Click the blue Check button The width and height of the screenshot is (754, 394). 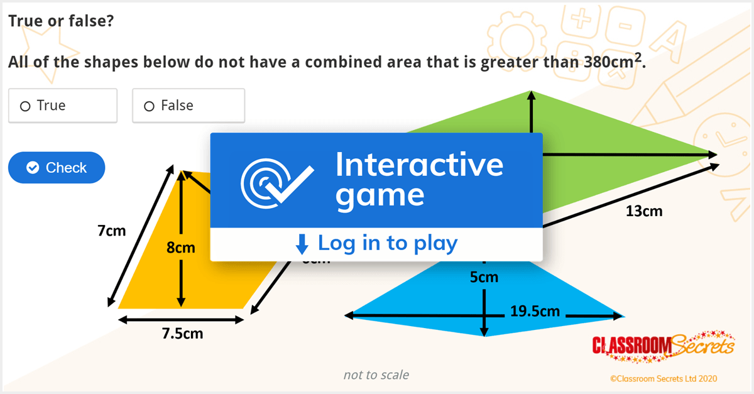(57, 168)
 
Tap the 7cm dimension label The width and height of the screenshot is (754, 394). (111, 231)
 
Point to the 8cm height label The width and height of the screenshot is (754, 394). (180, 248)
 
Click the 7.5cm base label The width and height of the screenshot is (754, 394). (182, 333)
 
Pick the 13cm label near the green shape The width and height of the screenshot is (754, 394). (644, 211)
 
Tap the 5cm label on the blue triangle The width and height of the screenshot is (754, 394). (484, 276)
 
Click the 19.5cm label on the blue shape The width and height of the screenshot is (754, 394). (535, 310)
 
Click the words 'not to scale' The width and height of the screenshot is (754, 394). (376, 375)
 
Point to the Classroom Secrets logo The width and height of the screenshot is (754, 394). (664, 346)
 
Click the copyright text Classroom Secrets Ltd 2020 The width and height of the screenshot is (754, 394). (663, 378)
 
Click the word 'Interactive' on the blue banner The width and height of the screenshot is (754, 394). (419, 165)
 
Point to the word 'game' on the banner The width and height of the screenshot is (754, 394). (380, 196)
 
